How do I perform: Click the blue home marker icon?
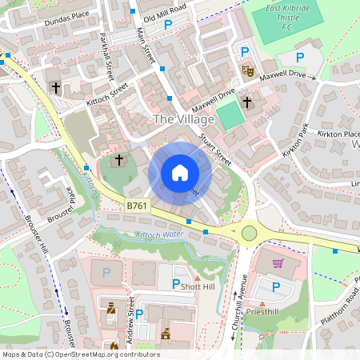(x=180, y=172)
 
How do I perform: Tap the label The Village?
(x=184, y=119)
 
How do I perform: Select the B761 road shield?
(x=137, y=206)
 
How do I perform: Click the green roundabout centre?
(x=250, y=233)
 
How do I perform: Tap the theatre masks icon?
(x=247, y=71)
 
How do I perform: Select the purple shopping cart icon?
(x=278, y=263)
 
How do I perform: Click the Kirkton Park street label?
(x=295, y=138)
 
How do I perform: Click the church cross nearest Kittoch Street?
(x=55, y=86)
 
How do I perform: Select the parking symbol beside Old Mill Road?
(x=168, y=26)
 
